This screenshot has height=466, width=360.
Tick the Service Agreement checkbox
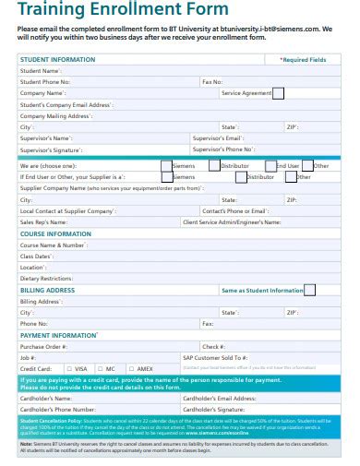point(279,92)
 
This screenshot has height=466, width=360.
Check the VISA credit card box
point(67,368)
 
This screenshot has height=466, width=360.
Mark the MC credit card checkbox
point(99,368)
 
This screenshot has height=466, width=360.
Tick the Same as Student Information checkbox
point(309,290)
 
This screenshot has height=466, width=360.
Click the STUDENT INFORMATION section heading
point(57,59)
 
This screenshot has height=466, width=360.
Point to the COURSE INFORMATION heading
point(55,233)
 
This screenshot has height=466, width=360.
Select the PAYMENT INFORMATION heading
point(59,335)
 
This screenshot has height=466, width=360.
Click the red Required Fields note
point(303,59)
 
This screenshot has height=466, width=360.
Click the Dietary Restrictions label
point(46,278)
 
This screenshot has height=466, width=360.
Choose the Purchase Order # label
point(43,346)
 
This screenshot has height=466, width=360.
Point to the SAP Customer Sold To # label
point(217,357)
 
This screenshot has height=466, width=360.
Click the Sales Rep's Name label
point(44,221)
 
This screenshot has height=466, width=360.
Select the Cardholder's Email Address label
point(220,398)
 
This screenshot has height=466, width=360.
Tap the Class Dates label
point(38,256)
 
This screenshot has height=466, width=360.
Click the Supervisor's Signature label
point(51,149)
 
